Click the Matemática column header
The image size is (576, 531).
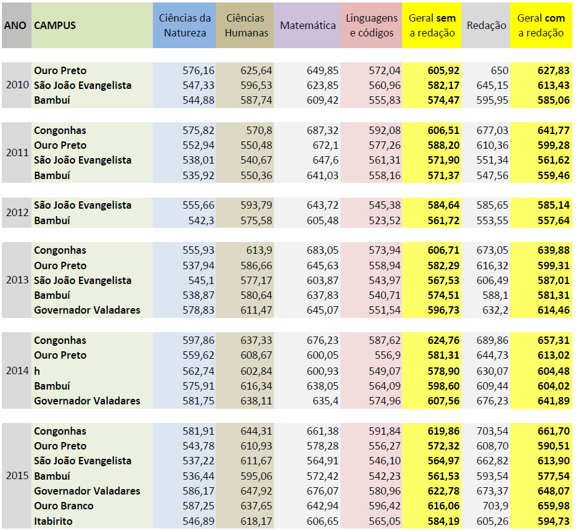coord(308,26)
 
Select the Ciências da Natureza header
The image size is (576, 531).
coord(184,26)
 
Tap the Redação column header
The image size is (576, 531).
coord(487,26)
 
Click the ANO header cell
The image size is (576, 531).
coord(16,26)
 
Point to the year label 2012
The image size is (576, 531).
coord(16,213)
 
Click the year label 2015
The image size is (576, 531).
coord(16,476)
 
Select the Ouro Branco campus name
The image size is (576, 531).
coord(64,506)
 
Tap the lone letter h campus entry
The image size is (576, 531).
coord(37,370)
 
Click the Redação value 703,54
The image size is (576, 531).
coord(492,431)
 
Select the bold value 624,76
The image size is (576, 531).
coord(443,341)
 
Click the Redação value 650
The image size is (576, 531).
coord(500,71)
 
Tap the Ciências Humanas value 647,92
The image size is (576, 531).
coord(256,491)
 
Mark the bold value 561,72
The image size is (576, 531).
coord(443,220)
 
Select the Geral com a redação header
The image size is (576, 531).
coord(541,26)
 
